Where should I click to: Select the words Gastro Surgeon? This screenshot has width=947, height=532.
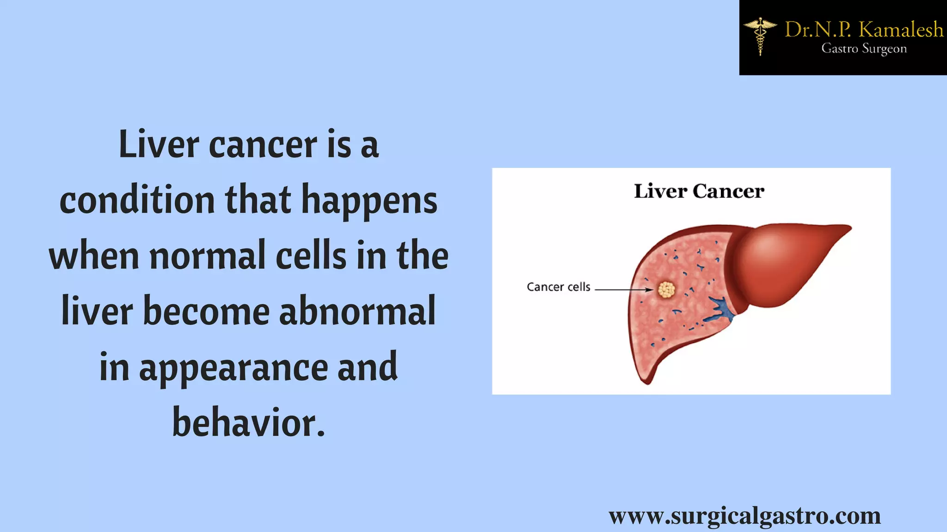[864, 49]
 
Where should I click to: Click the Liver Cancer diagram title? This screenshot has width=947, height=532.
[699, 191]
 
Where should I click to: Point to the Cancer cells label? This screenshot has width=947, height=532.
[558, 287]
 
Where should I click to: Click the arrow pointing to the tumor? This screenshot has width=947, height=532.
[624, 290]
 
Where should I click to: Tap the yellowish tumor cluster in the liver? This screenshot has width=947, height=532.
[666, 290]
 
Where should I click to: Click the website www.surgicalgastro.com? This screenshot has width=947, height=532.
[744, 515]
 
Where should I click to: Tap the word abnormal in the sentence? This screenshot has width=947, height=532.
[357, 311]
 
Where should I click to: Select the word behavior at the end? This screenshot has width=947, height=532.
[249, 422]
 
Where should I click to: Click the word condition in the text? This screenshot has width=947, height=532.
[137, 200]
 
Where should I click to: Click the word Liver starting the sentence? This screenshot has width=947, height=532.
[159, 144]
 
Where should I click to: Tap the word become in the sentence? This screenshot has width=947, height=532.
[206, 311]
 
